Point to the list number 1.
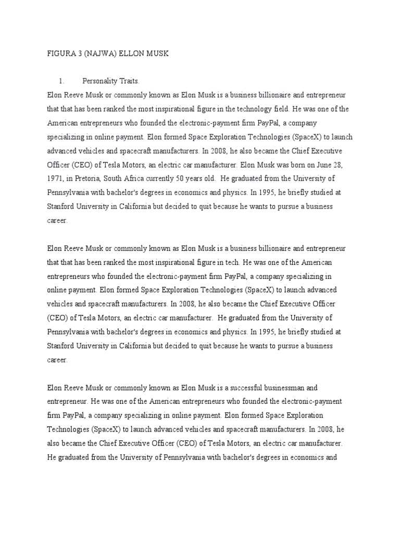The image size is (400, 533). click(61, 81)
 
